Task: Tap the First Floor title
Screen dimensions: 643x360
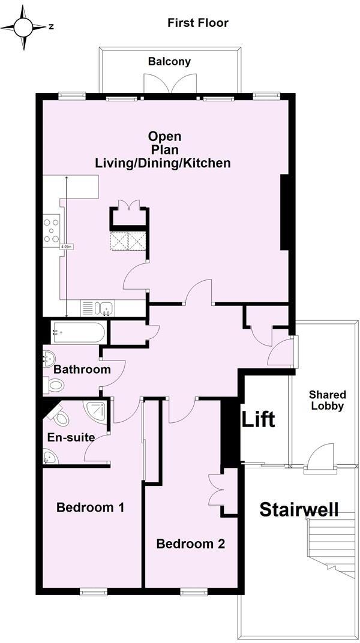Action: point(197,23)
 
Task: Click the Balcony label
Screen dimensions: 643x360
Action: point(169,61)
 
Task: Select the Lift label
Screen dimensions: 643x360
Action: point(259,419)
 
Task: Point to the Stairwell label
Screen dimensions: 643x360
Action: point(299,510)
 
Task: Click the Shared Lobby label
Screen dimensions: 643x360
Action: point(327,400)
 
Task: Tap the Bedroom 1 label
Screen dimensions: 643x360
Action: point(90,507)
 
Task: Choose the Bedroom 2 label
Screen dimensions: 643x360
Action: point(190,544)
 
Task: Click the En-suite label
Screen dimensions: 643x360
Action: point(71,437)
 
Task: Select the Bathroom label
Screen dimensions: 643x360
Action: point(82,369)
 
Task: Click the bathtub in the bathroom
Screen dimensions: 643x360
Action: point(79,331)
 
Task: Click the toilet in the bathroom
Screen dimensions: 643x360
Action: point(55,384)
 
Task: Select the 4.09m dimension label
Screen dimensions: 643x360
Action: point(66,247)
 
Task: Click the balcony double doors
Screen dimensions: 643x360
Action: point(171,86)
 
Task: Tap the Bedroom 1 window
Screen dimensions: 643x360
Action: point(92,591)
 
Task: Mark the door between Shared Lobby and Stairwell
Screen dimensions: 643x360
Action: point(319,459)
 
